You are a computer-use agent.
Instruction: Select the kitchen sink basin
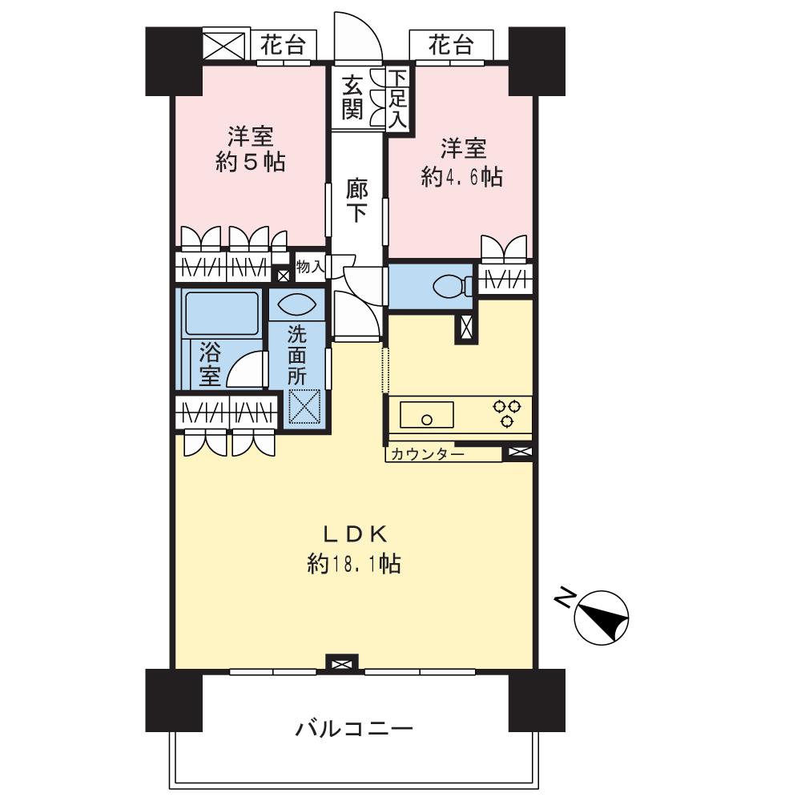(427, 417)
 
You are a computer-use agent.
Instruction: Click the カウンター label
(428, 454)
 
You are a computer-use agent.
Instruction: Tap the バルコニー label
(354, 729)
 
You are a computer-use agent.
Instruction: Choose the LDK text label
(355, 533)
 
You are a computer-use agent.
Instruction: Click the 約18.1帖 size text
(354, 565)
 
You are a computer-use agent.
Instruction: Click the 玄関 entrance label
(352, 95)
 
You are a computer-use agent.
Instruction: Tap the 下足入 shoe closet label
(398, 99)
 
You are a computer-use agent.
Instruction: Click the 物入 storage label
(310, 267)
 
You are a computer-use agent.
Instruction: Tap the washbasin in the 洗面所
(297, 305)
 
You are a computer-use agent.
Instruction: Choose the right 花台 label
(449, 46)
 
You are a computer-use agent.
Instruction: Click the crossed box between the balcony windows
(342, 663)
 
